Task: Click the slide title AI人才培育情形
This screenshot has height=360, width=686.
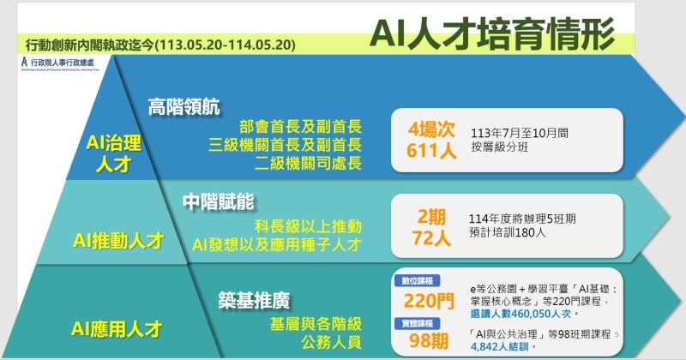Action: coord(492,33)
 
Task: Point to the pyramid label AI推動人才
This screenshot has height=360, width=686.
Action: coord(118,241)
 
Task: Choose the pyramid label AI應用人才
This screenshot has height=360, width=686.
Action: coord(118,327)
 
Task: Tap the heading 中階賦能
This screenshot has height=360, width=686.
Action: coord(220,201)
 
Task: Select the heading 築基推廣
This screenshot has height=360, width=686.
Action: coord(254,300)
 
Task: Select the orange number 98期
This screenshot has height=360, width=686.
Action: coord(430,340)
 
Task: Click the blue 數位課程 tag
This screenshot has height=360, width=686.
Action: coord(416,280)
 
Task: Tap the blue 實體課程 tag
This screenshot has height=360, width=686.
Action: coord(416,322)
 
